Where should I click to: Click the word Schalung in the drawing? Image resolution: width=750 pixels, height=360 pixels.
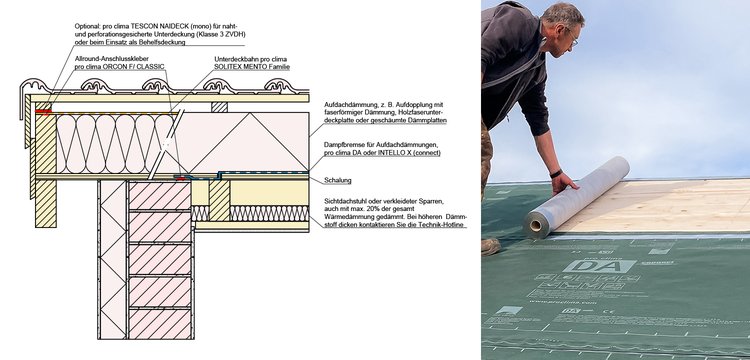coord(338,180)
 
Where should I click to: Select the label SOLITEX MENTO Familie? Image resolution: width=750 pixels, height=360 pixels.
coord(252,67)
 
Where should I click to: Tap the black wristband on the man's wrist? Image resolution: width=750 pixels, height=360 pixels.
coord(556,174)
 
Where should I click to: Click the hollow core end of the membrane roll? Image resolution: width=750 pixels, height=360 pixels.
coord(536,225)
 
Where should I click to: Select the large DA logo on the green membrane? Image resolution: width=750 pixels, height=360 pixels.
coord(599,266)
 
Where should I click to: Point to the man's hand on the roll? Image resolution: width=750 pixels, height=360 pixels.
coord(565,183)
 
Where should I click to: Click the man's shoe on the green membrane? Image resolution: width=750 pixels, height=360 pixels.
coord(490,246)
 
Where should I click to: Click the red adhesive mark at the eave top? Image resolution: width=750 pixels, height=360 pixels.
coord(43,112)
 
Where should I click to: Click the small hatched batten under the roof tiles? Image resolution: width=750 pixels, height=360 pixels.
coord(220,107)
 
